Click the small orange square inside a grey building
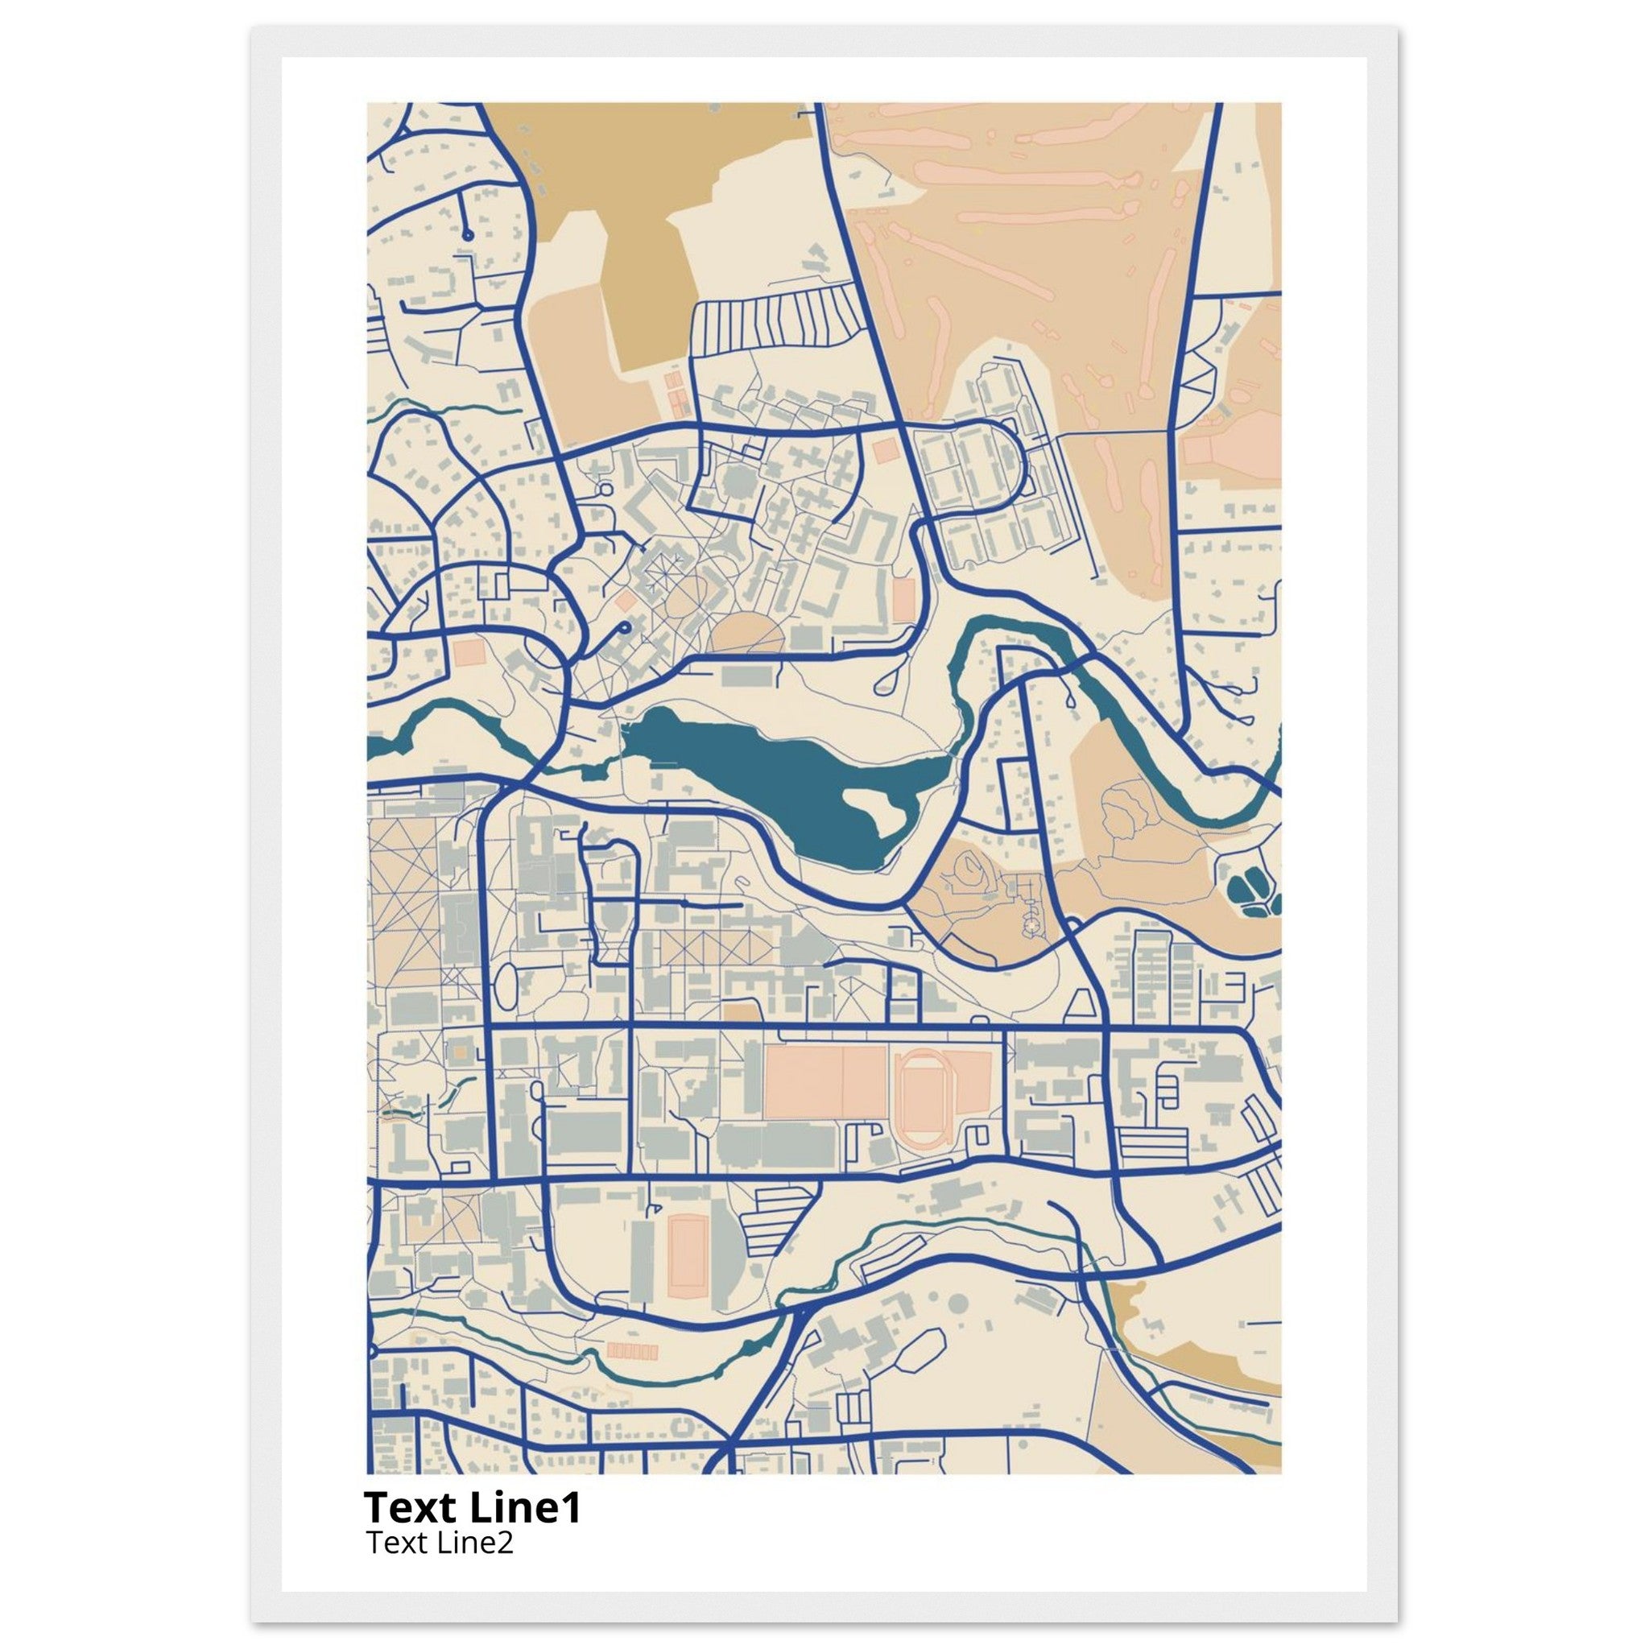(461, 1053)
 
